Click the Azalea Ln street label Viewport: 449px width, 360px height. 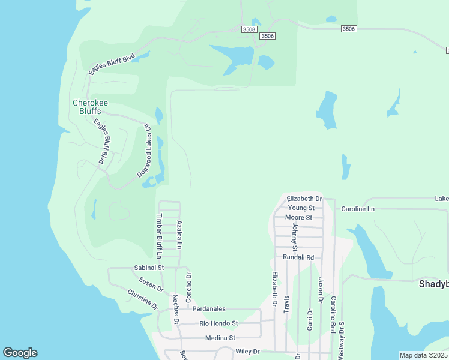coord(179,235)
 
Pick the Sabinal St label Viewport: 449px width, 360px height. coord(149,268)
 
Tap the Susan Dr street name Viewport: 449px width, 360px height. coord(151,284)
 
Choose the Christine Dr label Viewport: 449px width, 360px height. coord(142,299)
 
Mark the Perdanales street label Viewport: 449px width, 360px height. coord(209,309)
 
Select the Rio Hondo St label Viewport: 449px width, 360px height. coord(218,323)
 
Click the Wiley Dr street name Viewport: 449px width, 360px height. coord(247,351)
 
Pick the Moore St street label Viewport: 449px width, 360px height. coord(298,217)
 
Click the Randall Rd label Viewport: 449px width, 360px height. coord(298,257)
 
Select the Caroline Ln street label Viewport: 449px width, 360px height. coord(358,209)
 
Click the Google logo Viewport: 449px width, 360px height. coord(20,353)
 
